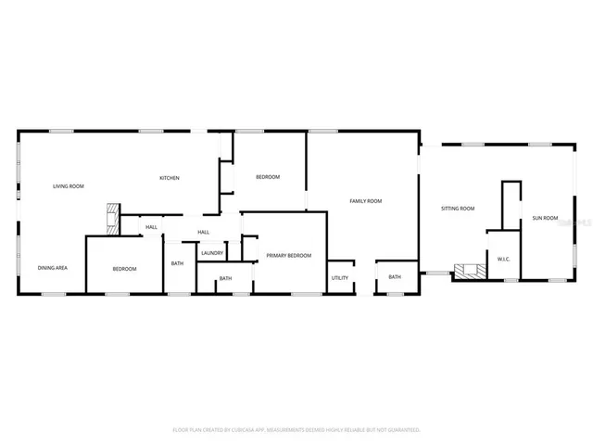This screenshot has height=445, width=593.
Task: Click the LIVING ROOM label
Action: coord(69,186)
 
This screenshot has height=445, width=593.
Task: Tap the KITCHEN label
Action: coord(170,178)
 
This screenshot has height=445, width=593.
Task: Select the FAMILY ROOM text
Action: coord(365,201)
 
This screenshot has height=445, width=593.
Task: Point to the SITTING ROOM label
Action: coord(457,209)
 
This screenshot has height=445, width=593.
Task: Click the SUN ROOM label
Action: coord(545,218)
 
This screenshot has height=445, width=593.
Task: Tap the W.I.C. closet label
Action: coord(504,259)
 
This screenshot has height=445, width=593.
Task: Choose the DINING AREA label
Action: coord(52,268)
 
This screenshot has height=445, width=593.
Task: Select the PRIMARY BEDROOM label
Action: coord(289,256)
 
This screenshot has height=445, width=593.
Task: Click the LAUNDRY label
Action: coord(211,253)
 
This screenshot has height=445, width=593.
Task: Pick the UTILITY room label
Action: coord(340,277)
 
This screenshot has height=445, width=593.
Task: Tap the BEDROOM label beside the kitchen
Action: coord(268,177)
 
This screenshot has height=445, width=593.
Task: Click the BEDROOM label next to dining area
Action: coord(124,269)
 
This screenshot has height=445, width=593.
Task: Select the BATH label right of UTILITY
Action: coord(395,277)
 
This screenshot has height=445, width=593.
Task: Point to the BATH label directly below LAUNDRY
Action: coord(226,278)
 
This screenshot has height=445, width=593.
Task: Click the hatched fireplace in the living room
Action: coord(112,218)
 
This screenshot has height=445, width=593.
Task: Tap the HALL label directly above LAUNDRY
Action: coord(203,232)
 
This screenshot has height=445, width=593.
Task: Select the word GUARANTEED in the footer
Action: coord(403,430)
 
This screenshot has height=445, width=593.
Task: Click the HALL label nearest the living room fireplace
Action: coord(151,227)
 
